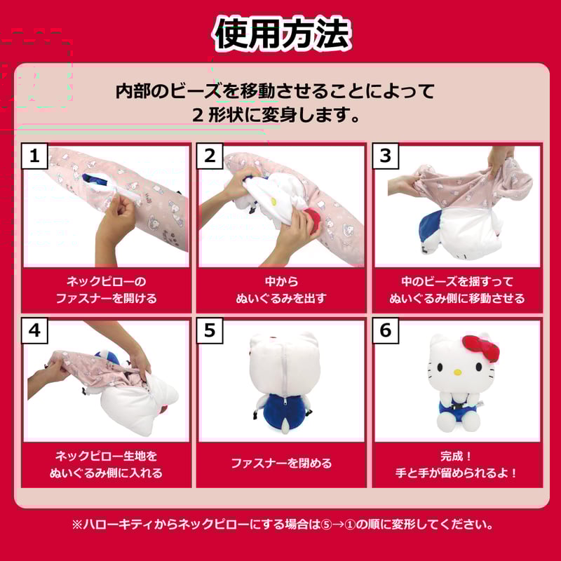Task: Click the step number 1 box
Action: (34, 156)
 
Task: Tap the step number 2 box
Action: (210, 156)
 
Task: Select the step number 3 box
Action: (386, 156)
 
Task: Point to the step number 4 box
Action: (34, 330)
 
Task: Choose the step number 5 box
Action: (210, 330)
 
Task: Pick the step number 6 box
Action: (386, 330)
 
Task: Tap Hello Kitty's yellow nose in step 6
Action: (458, 372)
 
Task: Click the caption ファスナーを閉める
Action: (282, 464)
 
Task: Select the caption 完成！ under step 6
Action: (456, 457)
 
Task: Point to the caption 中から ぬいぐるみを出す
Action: (282, 290)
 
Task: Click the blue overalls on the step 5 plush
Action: (283, 408)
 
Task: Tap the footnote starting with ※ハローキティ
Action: (283, 525)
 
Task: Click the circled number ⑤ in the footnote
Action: (326, 525)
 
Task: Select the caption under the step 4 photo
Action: (107, 465)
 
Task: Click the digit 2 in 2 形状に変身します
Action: (198, 116)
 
